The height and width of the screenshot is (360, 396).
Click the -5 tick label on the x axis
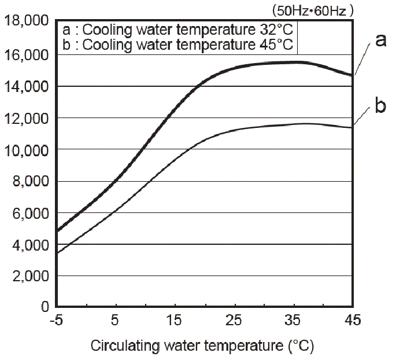[57, 320]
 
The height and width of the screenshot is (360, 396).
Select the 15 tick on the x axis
[175, 320]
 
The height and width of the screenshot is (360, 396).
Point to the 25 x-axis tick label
[234, 320]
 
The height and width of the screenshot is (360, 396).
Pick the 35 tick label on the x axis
[294, 320]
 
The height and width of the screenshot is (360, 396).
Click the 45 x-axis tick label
[352, 320]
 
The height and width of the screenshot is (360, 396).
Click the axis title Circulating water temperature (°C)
[202, 346]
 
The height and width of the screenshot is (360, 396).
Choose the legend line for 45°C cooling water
[179, 45]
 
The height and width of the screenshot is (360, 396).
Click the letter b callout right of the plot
[380, 106]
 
